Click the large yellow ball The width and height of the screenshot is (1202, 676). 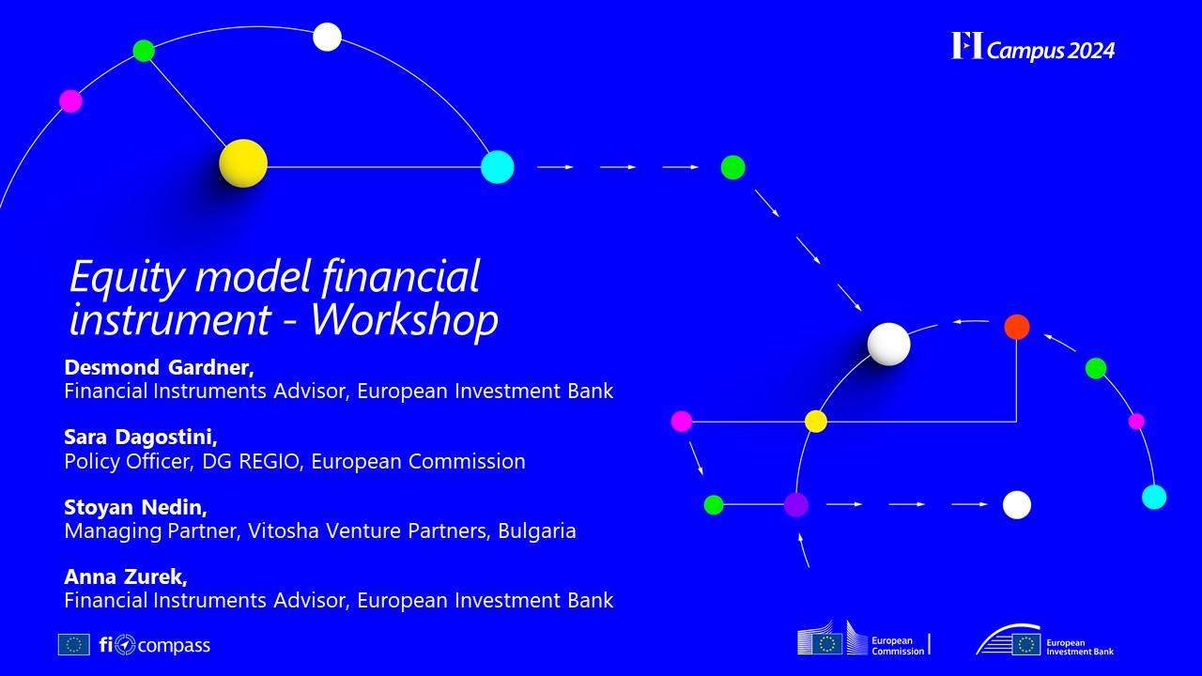(243, 163)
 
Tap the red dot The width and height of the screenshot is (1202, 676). (1016, 327)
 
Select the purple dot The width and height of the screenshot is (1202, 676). (795, 505)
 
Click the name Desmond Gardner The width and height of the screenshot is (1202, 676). (159, 367)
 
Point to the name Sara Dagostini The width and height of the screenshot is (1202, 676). (141, 438)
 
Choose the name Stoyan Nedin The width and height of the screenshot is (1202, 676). (135, 507)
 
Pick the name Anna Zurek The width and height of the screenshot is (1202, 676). (126, 576)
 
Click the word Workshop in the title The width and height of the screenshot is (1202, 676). (405, 320)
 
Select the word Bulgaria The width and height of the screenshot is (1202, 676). (536, 530)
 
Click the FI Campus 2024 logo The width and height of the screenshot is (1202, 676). (1033, 47)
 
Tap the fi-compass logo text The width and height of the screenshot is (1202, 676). (155, 645)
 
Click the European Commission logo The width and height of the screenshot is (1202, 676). (863, 638)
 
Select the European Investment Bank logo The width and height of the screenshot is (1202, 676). (1044, 640)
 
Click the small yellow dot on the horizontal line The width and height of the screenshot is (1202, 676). (816, 422)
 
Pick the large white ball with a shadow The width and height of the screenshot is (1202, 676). (888, 344)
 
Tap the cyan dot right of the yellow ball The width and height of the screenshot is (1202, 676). (498, 167)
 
